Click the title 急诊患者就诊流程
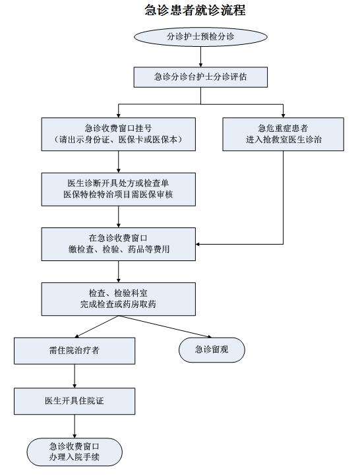195,10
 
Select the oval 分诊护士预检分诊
200,37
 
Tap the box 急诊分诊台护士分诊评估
200,77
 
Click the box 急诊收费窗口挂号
119,134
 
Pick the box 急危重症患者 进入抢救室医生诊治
284,134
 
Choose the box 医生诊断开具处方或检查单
119,189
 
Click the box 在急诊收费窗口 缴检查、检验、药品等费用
119,244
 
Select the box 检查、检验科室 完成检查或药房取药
119,299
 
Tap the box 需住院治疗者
75,351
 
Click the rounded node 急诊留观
212,349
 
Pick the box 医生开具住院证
75,401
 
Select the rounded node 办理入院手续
75,452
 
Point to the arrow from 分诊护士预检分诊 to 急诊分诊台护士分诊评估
200,57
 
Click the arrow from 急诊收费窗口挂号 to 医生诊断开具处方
119,162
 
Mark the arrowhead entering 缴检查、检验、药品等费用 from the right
198,244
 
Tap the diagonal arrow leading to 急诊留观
165,326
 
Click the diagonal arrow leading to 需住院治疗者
96,326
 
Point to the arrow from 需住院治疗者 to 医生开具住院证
75,376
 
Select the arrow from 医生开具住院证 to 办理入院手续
75,426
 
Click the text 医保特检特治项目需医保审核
118,194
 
